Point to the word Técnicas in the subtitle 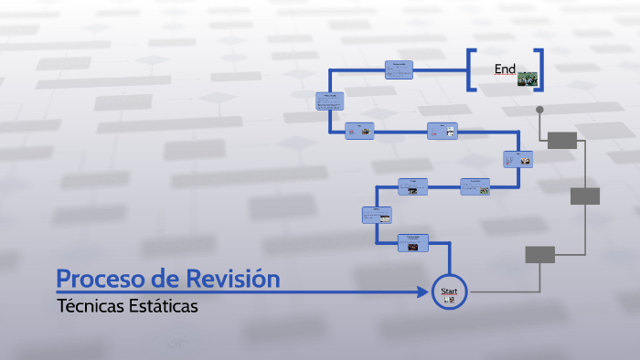click(88, 305)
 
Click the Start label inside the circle click(449, 291)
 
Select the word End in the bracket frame click(505, 69)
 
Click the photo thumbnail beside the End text click(527, 79)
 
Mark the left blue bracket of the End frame click(471, 69)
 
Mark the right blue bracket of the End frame click(540, 69)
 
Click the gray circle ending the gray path click(539, 110)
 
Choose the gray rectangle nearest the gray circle click(562, 140)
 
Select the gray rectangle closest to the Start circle click(539, 255)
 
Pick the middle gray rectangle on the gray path click(585, 196)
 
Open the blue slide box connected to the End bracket click(399, 69)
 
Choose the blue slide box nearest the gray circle click(518, 158)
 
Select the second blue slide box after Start click(377, 215)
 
